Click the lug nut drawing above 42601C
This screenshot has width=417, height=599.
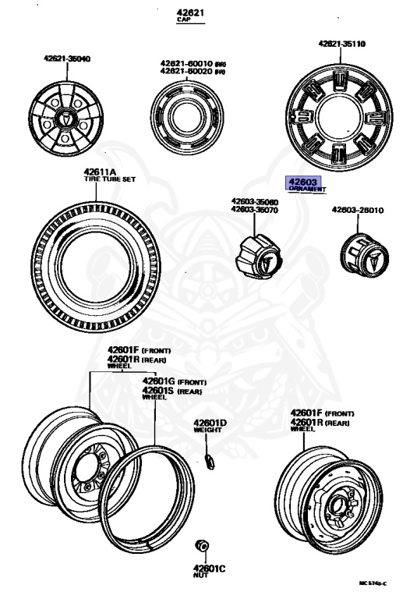point(201,545)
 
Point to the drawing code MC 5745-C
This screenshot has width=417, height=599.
point(373,583)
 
